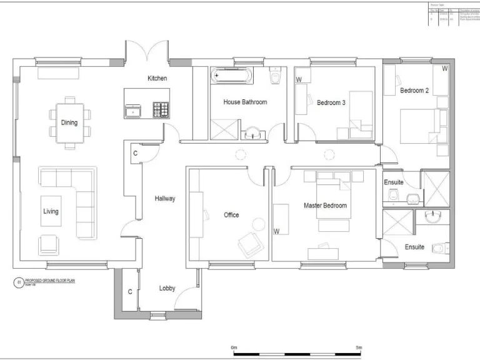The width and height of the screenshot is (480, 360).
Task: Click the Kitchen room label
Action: (x=157, y=78)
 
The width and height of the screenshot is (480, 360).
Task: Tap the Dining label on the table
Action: (x=69, y=122)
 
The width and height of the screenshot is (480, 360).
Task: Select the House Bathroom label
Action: (x=245, y=102)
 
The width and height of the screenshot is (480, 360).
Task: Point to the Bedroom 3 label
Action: (x=331, y=102)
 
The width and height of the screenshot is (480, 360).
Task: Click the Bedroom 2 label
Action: (x=414, y=91)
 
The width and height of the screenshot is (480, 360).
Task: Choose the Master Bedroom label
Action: (x=325, y=205)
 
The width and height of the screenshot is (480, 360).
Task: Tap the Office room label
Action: (x=231, y=215)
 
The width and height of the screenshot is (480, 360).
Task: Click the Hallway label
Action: (x=165, y=199)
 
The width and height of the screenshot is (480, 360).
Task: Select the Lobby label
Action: (x=167, y=288)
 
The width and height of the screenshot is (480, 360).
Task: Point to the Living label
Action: (x=51, y=211)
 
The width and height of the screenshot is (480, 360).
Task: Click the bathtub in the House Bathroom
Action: (x=232, y=76)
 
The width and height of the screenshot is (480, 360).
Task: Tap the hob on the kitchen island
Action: (x=161, y=110)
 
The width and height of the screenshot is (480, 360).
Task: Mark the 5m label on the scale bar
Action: (x=359, y=347)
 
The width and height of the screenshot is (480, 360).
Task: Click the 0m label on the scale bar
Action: (x=234, y=347)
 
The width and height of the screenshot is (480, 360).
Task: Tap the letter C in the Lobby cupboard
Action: (x=130, y=291)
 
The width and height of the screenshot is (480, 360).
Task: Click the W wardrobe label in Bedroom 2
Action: (x=444, y=68)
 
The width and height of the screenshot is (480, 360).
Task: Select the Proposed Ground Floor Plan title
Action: (x=45, y=281)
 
